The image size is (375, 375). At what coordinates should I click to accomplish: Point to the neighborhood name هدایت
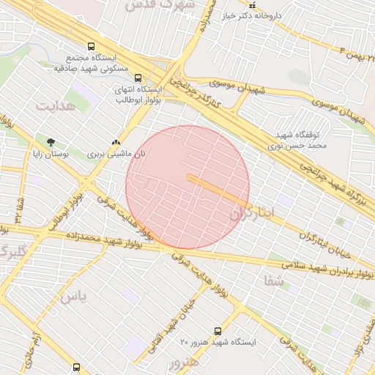tap(56, 105)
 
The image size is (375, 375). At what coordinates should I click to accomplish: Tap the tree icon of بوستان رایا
tap(50, 142)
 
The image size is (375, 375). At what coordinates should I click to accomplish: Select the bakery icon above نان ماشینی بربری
tap(116, 142)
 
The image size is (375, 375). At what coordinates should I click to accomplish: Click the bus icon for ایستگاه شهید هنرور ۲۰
tap(217, 331)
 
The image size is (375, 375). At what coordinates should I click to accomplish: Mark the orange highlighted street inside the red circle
tap(218, 189)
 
